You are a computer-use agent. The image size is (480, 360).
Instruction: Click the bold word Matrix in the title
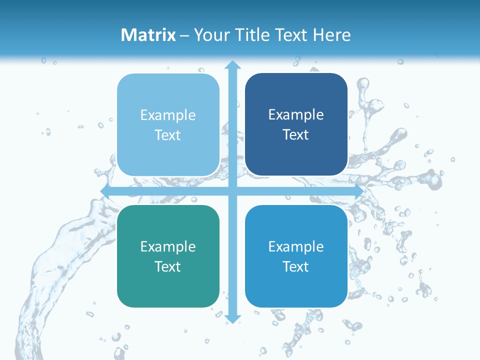pos(148,35)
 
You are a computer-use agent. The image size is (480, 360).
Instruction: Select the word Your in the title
pos(210,35)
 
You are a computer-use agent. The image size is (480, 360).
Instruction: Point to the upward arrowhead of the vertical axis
pos(232,64)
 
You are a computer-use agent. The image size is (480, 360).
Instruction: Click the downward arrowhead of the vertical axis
pos(232,319)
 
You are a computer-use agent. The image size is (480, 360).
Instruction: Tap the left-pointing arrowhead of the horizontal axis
pos(105,191)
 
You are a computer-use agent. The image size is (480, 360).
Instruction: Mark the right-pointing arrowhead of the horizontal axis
pos(358,191)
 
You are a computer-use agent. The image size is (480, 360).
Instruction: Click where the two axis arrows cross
pos(232,191)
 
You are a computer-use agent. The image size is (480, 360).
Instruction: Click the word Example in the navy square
pos(296,115)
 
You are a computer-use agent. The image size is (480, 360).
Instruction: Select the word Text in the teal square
pos(168,266)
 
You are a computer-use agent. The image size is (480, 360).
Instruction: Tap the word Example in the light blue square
pos(168,115)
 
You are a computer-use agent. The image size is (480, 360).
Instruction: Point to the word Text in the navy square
pos(296,135)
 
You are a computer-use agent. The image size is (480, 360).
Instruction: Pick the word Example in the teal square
pos(168,246)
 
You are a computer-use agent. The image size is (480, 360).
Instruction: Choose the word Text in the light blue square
pos(168,135)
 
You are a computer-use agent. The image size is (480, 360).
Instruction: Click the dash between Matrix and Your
pos(184,35)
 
